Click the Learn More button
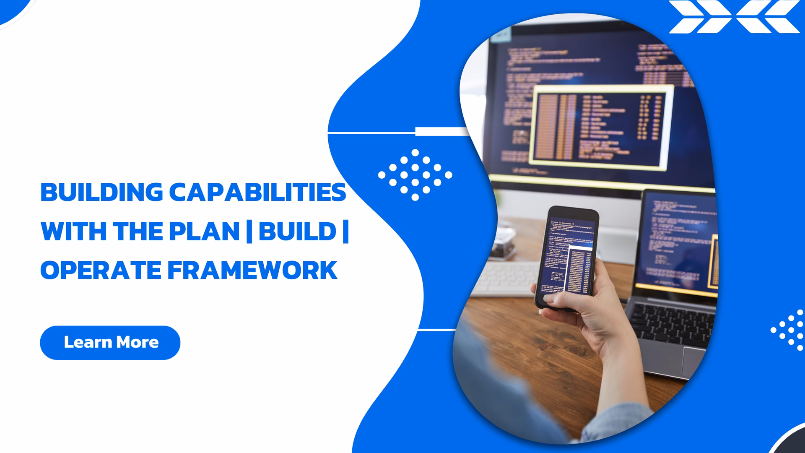pos(110,342)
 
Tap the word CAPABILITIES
pos(257,193)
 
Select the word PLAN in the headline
pos(204,231)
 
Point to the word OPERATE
pos(101,270)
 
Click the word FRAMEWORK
pos(252,270)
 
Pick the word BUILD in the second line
pos(297,231)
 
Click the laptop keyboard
pos(671,323)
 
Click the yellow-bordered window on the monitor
pos(600,126)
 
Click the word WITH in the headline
pos(73,231)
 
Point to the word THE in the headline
pos(138,231)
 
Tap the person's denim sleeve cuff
pos(616,424)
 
